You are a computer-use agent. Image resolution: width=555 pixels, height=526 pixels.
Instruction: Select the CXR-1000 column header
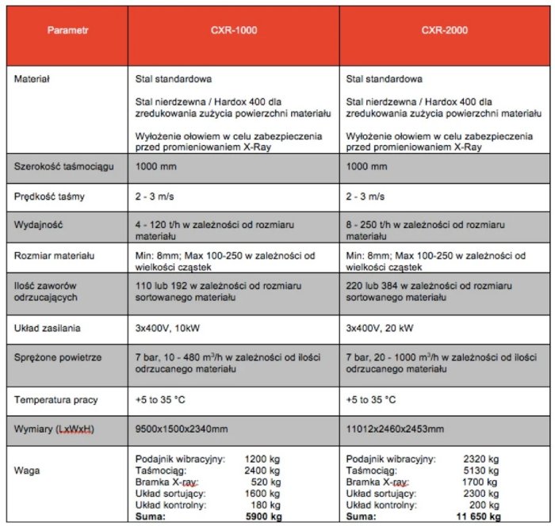point(235,32)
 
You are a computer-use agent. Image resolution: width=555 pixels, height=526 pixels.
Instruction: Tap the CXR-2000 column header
point(445,32)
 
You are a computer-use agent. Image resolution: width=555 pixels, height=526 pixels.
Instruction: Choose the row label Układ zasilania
point(48,328)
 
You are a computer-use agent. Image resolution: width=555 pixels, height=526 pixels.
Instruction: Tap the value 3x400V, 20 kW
point(382,328)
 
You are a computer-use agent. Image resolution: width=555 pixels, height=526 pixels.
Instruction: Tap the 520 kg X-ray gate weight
point(266,482)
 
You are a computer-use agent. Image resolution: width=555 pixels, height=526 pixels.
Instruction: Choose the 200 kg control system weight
point(484,505)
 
